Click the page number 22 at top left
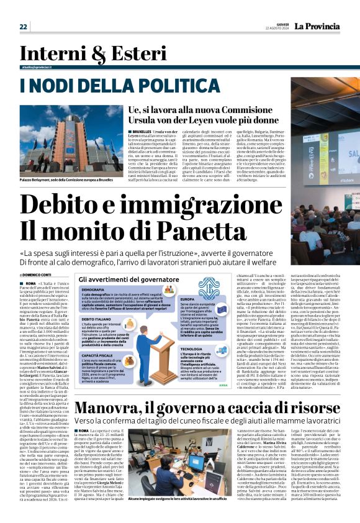click(x=23, y=26)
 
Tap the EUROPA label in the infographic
click(x=187, y=299)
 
